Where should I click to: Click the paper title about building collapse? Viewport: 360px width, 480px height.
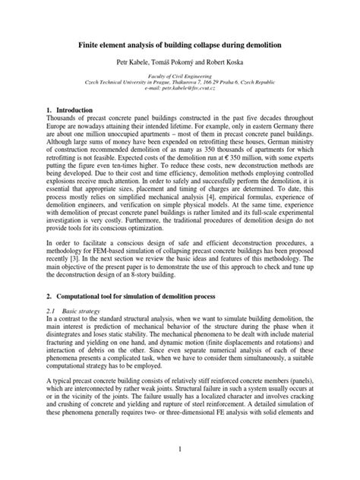coord(180,46)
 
